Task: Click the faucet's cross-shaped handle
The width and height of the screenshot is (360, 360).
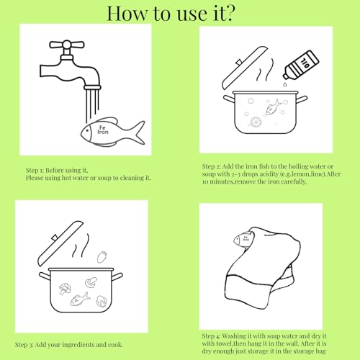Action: (x=67, y=45)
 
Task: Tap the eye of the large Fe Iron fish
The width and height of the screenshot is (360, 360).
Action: (x=87, y=131)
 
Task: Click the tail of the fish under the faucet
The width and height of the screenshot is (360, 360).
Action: (x=139, y=132)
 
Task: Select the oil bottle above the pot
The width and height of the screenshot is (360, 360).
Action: (x=301, y=64)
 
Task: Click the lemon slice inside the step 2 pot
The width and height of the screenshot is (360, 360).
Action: (x=256, y=122)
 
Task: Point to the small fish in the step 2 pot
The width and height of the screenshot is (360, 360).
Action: (x=274, y=107)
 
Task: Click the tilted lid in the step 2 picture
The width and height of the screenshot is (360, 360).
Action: (x=244, y=67)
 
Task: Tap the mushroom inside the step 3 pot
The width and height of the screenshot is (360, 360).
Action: (x=91, y=282)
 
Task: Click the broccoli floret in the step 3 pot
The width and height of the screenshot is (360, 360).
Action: (x=65, y=289)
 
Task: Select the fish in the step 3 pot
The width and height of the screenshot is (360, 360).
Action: (x=80, y=300)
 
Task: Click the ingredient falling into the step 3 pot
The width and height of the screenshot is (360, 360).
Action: (x=102, y=257)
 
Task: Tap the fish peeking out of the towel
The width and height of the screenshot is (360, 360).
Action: (x=243, y=239)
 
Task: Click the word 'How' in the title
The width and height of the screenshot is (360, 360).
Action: (x=127, y=14)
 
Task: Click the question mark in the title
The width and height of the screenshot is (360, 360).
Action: (x=229, y=14)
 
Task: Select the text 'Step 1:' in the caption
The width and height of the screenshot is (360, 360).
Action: (x=35, y=171)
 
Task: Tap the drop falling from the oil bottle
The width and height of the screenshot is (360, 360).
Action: (x=284, y=84)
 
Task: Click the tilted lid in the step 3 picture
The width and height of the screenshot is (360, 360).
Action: (x=60, y=243)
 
